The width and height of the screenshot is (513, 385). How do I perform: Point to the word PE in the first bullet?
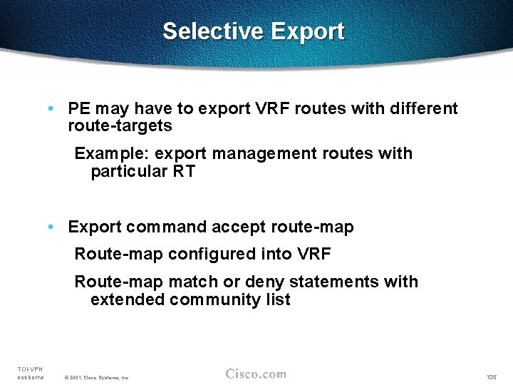click(x=79, y=108)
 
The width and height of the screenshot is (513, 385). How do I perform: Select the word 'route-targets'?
click(x=120, y=126)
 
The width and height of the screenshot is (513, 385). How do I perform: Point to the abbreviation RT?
click(x=184, y=171)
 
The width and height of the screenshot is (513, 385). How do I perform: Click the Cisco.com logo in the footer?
click(x=256, y=374)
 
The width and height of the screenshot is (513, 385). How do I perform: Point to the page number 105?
click(x=491, y=376)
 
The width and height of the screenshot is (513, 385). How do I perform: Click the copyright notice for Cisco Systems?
click(x=96, y=376)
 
